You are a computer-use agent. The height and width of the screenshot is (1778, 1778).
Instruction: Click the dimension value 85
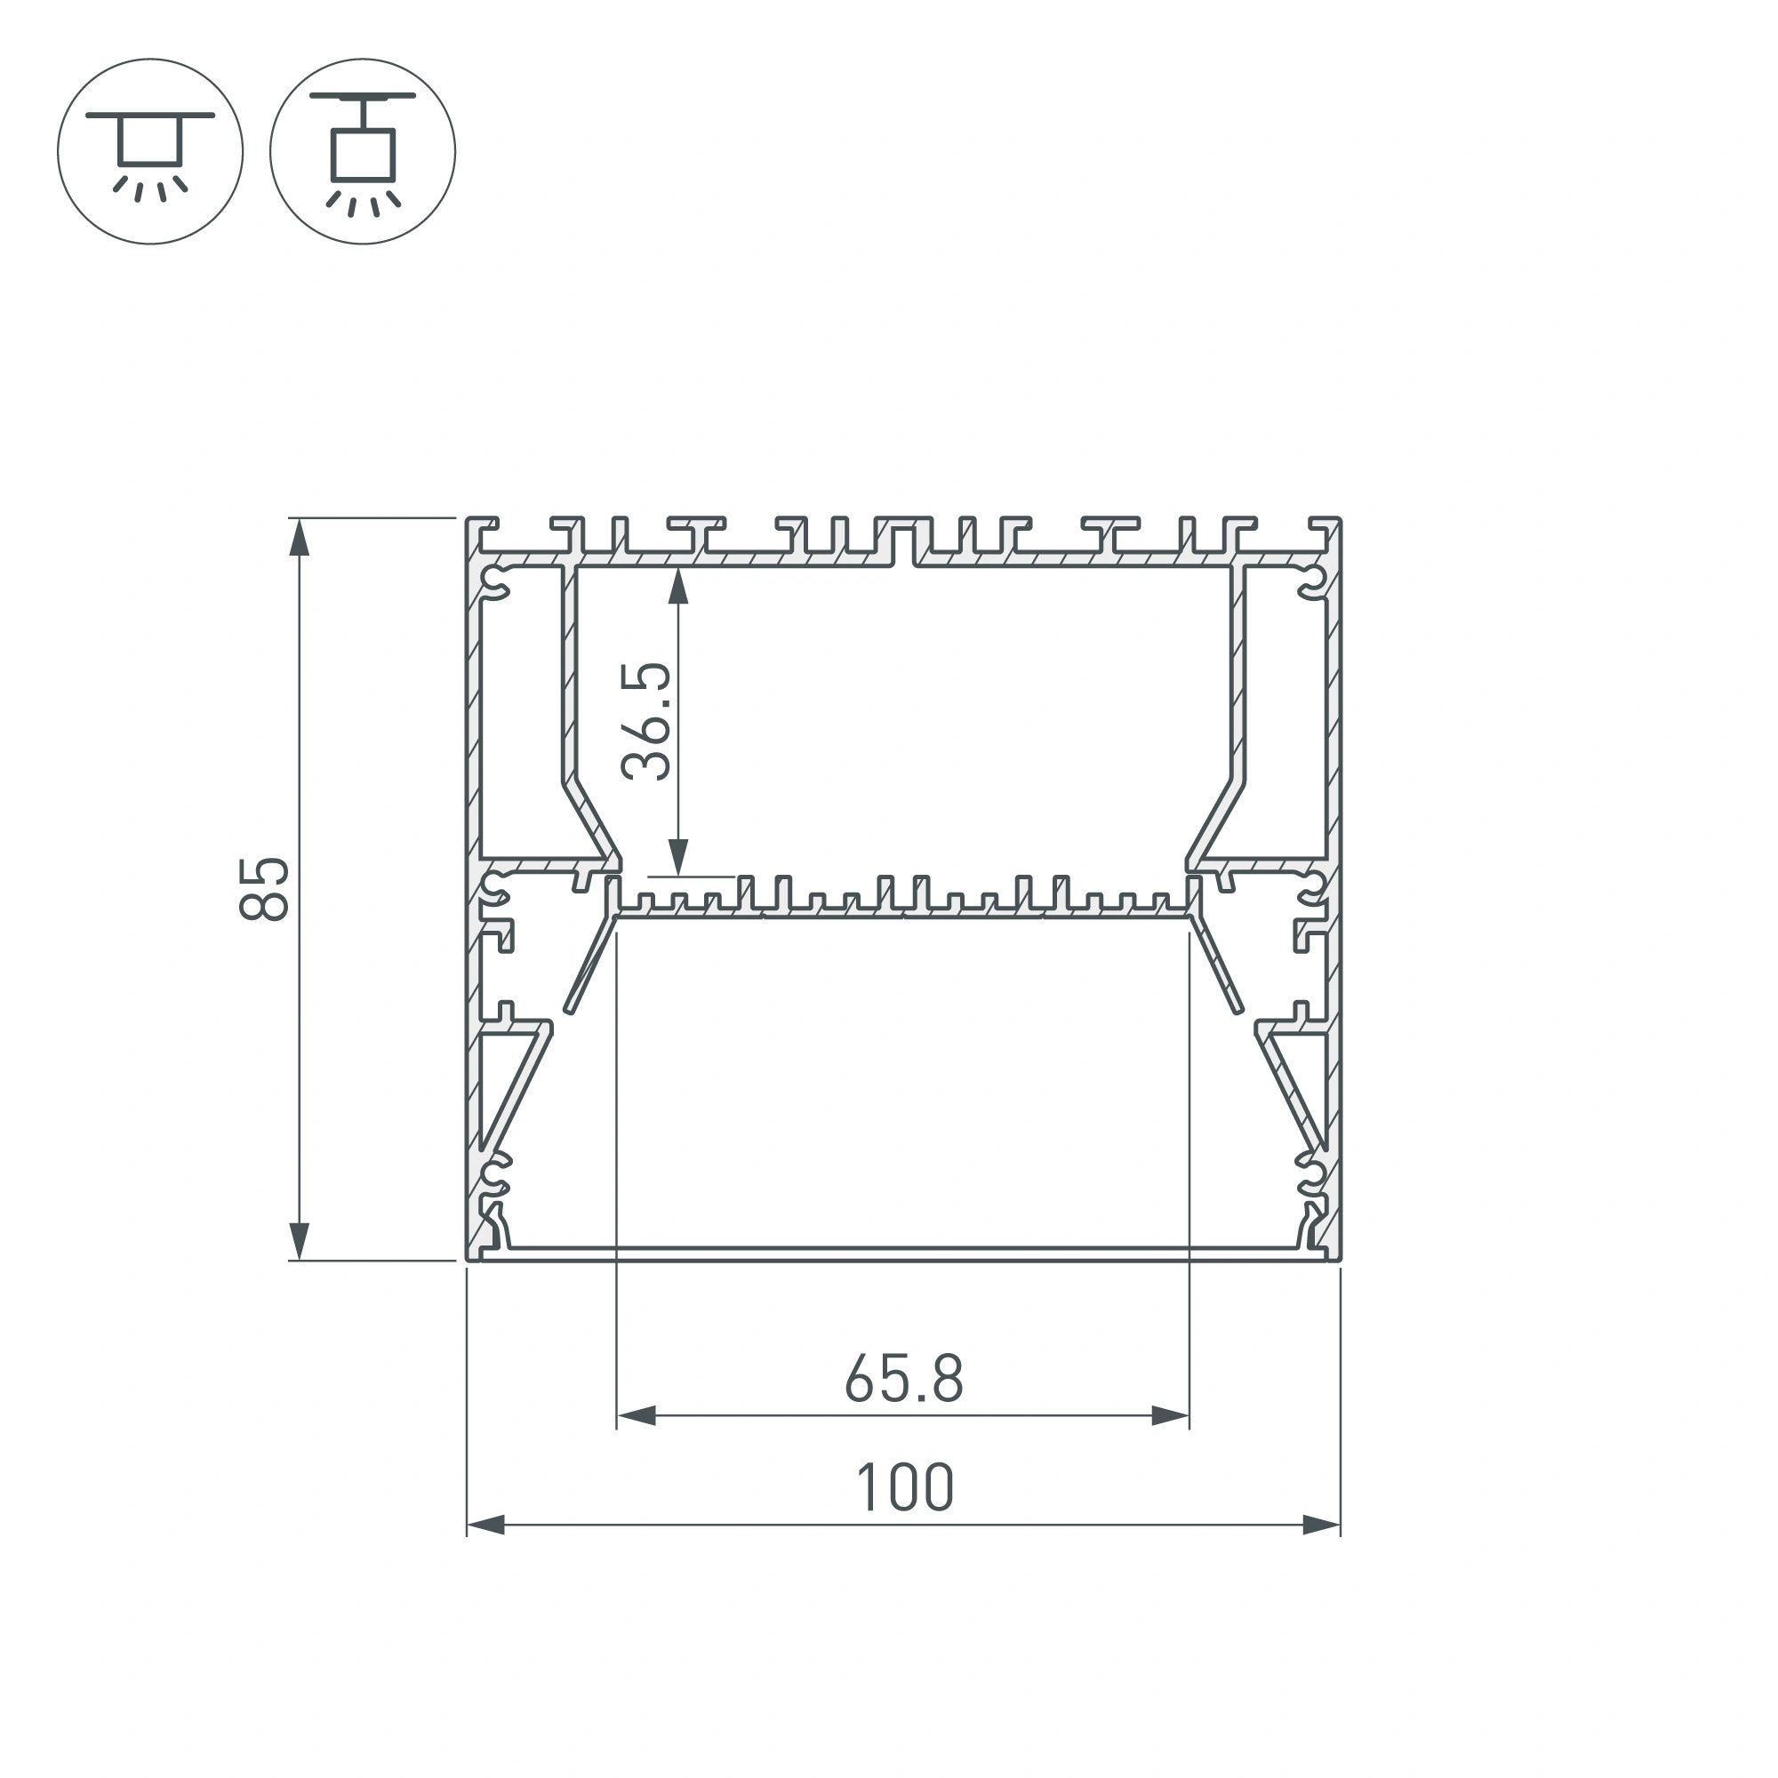264,889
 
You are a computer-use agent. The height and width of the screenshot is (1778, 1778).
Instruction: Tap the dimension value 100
905,1489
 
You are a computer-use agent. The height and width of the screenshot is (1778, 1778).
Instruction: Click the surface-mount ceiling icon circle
150,151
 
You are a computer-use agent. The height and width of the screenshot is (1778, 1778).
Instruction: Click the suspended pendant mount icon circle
363,151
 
